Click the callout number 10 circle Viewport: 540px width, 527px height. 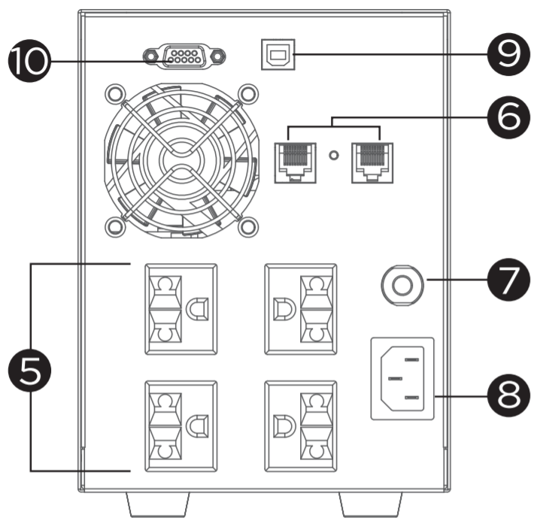tap(29, 59)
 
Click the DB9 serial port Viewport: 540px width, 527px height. tap(184, 57)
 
